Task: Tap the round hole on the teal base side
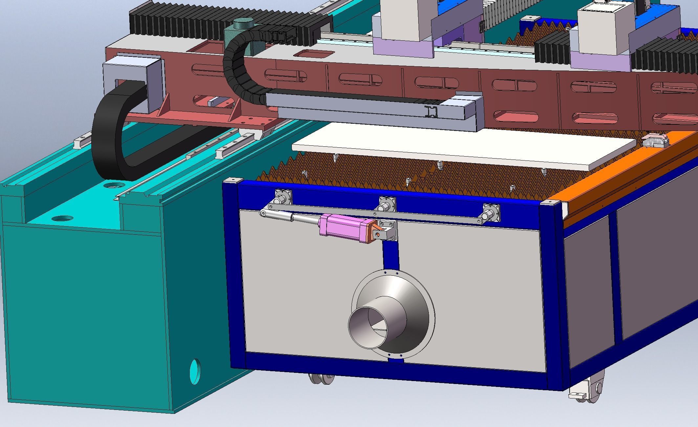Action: [x=195, y=372]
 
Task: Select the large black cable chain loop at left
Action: [x=108, y=138]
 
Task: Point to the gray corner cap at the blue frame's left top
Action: [x=232, y=180]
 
